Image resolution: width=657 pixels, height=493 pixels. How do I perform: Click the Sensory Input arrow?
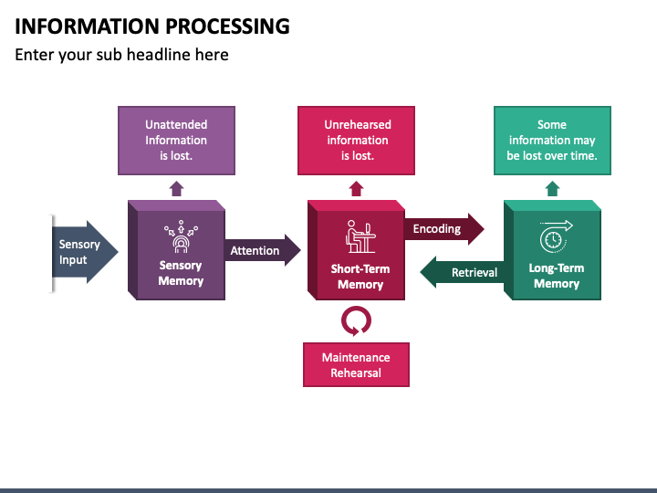click(84, 252)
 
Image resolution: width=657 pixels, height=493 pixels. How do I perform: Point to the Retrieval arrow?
click(462, 272)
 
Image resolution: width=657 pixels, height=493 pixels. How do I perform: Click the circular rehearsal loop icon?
click(356, 320)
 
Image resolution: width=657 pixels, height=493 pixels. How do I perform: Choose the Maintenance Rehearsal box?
click(356, 364)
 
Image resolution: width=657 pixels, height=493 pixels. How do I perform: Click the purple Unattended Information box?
click(176, 141)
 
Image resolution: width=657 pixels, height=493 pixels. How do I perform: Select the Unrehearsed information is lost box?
click(356, 141)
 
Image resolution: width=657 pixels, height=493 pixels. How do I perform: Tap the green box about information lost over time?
click(552, 141)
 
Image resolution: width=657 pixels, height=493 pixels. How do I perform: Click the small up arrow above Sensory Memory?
click(176, 189)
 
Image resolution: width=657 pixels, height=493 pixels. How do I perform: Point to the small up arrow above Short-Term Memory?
click(356, 189)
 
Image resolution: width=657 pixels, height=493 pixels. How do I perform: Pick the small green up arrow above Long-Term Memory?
click(553, 189)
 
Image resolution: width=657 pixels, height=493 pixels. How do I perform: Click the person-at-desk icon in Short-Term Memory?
click(360, 236)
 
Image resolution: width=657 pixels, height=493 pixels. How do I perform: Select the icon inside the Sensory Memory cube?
click(181, 236)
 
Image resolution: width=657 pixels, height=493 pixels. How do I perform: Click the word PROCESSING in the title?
click(227, 26)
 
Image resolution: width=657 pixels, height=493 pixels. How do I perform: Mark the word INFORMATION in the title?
click(88, 26)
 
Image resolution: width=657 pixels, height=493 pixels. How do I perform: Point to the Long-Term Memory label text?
click(557, 276)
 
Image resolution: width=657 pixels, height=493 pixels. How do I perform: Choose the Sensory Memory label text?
click(181, 273)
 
